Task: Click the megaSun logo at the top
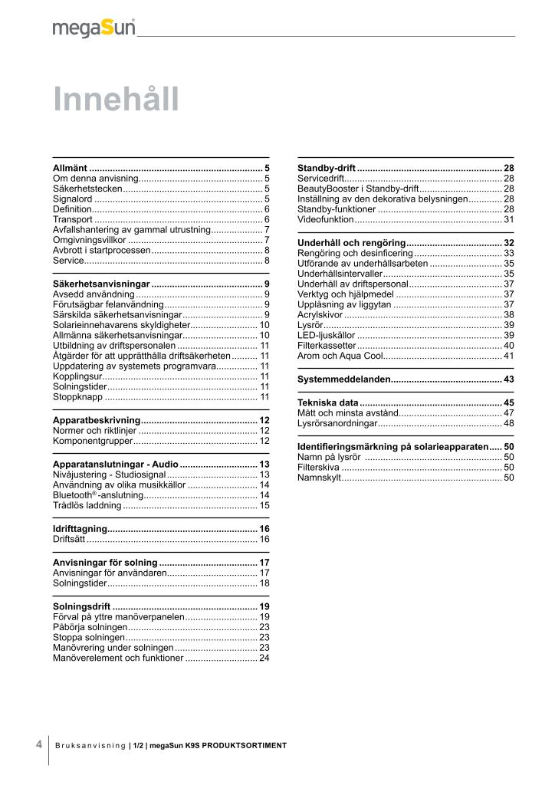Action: (94, 28)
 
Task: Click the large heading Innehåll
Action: (115, 100)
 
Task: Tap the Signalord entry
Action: (73, 199)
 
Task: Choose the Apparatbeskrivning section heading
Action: (97, 420)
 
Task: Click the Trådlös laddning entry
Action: (87, 505)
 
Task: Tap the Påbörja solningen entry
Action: (84, 626)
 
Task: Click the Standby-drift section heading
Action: (326, 167)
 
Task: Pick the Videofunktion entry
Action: (325, 219)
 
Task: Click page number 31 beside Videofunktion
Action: (508, 219)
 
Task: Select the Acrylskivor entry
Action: (320, 314)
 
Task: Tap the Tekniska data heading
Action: (327, 402)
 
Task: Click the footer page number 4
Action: (39, 744)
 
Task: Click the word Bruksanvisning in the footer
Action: (90, 745)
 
